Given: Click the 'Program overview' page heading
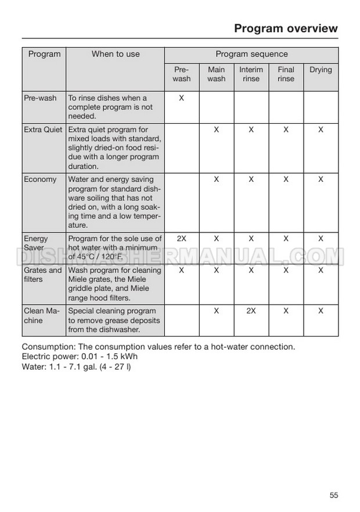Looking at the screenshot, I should (285, 28).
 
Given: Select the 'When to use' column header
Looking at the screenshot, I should (116, 54).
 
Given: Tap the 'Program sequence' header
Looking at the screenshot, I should (251, 54).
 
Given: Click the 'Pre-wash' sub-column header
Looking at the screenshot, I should (182, 74).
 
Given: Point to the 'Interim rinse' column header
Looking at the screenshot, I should (251, 74).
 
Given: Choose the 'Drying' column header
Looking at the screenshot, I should (321, 70).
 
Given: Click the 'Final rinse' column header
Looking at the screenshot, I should (286, 74).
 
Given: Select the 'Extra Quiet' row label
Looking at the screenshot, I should (43, 130).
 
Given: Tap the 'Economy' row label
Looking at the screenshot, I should (40, 179).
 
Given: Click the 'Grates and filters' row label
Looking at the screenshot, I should (43, 275).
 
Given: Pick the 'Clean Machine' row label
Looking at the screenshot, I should (42, 316).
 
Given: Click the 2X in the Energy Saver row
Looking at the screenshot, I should (181, 238).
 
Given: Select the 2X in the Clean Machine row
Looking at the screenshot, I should (251, 311).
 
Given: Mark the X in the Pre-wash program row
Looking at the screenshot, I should (181, 98).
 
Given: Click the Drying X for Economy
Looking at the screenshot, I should (321, 179).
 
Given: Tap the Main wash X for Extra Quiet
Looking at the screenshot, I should (216, 130).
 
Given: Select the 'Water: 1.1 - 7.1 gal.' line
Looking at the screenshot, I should (76, 367).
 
